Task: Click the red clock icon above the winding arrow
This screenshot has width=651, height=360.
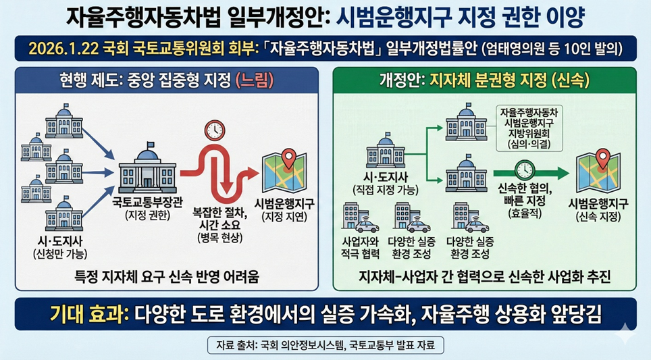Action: point(215,130)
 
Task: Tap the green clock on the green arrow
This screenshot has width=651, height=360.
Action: point(525,170)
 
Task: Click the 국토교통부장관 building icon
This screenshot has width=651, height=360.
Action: point(147,168)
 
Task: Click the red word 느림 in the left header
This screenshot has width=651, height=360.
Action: point(255,80)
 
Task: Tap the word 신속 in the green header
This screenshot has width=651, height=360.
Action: point(571,80)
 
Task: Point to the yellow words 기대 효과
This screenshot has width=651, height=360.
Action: point(88,314)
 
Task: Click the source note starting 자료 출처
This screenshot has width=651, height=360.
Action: point(325,345)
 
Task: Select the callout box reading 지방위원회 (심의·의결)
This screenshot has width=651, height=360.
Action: point(529,128)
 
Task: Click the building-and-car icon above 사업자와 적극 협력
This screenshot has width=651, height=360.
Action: point(359,217)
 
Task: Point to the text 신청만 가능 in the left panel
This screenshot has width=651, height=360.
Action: point(60,254)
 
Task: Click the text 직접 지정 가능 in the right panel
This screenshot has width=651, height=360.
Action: point(386,190)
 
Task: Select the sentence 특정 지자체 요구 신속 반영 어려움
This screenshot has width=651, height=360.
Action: point(167,276)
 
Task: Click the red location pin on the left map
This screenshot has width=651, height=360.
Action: point(288,159)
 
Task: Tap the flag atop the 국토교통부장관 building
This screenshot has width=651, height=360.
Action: point(151,145)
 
